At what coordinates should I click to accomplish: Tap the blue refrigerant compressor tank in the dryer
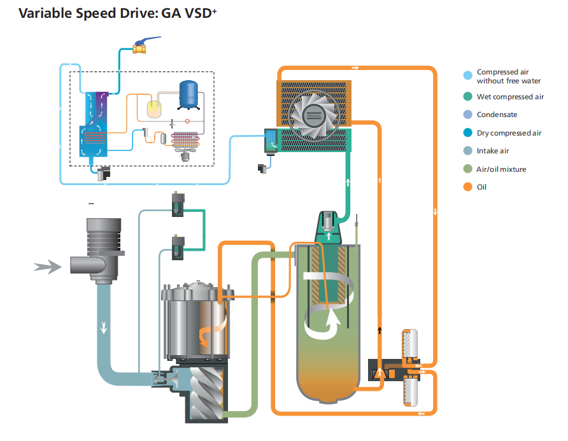(188, 95)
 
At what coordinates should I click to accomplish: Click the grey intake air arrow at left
(48, 267)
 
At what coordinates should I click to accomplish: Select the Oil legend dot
(467, 187)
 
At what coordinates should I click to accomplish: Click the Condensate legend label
(497, 115)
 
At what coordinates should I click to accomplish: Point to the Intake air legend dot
(467, 151)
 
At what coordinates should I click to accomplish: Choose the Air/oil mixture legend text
(501, 169)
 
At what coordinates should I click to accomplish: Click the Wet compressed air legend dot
(467, 97)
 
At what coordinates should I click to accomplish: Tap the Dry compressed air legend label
(509, 133)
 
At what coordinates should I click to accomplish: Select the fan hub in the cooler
(314, 115)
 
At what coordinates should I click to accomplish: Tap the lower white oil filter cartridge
(411, 391)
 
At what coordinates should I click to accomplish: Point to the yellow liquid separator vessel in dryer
(154, 109)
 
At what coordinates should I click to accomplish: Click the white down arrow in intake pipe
(104, 327)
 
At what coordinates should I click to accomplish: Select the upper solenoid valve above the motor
(178, 204)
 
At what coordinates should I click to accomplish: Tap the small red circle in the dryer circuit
(187, 122)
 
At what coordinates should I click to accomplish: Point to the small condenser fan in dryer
(185, 153)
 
